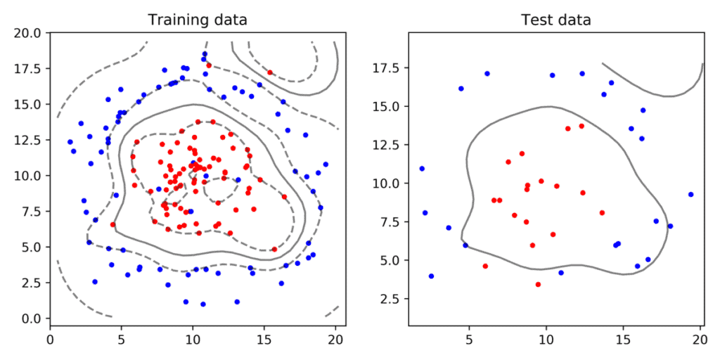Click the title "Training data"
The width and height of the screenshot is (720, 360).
coord(197,19)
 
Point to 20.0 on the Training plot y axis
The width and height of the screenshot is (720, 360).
coord(30,32)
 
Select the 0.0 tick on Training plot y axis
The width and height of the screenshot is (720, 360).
coord(30,319)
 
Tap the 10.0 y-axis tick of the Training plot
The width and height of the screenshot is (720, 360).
coord(30,175)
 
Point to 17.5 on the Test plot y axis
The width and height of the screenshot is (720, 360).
coord(388,68)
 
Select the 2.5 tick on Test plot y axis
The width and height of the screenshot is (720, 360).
coord(388,299)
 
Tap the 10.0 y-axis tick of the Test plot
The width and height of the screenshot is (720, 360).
coord(388,184)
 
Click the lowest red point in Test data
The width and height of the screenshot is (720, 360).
coord(538,285)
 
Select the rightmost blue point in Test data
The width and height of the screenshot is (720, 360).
coord(690,194)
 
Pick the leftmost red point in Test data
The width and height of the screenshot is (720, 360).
coord(485,266)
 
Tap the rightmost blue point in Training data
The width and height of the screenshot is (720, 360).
coord(326,165)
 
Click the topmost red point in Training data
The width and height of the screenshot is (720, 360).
coord(208,65)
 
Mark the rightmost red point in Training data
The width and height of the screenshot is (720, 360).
coord(284,197)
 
